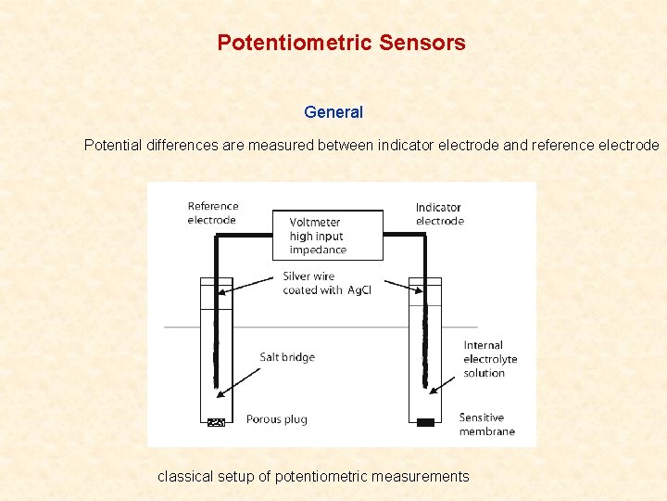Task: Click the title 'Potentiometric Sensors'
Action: point(341,43)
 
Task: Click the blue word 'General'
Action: point(333,112)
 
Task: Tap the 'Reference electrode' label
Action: point(213,213)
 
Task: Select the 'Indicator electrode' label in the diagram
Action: point(439,214)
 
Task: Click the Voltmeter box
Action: point(327,235)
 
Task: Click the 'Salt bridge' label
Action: point(287,357)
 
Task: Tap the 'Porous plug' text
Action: point(276,419)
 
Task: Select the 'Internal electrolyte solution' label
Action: point(490,359)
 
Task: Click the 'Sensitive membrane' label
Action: point(486,424)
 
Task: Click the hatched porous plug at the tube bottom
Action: point(217,422)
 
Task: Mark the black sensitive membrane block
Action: point(425,422)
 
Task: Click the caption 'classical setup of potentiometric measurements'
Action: point(313,477)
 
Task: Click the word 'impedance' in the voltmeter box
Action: point(318,250)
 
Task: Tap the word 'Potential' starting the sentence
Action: point(113,146)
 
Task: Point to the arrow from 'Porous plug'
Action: point(232,420)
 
